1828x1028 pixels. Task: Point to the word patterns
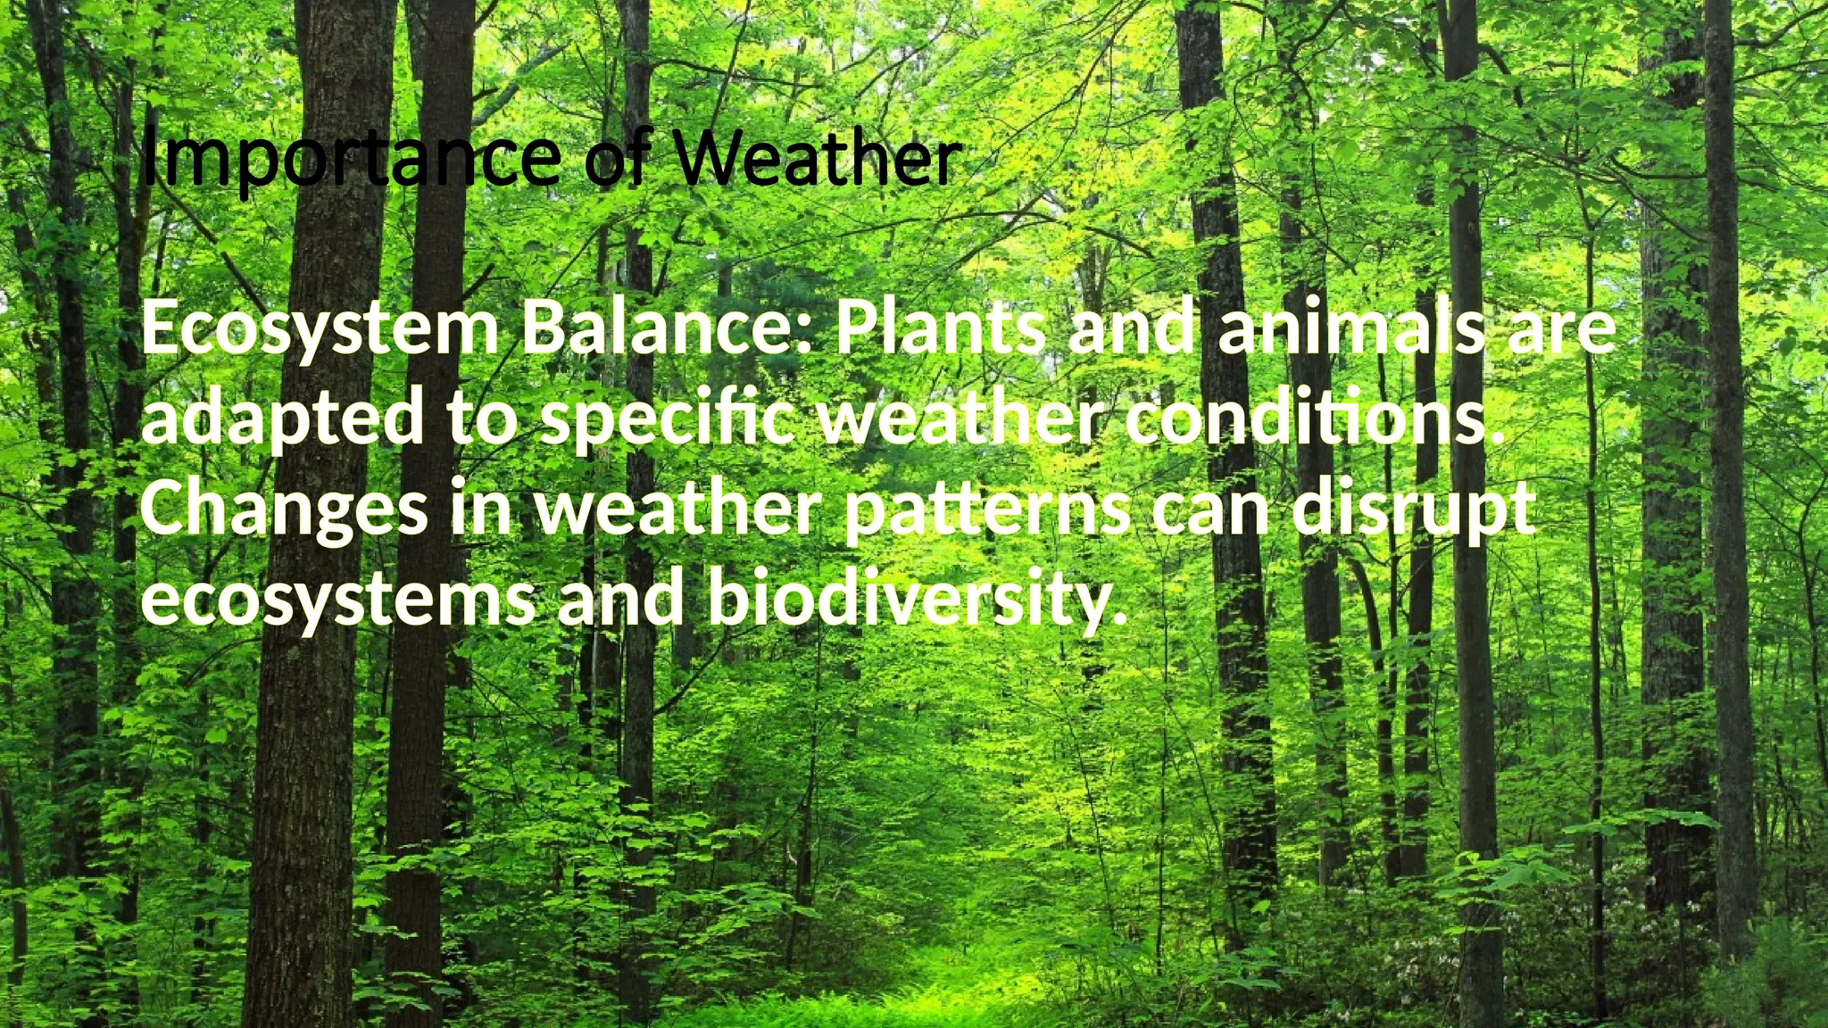click(986, 512)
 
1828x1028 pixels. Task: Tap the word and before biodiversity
click(620, 598)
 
